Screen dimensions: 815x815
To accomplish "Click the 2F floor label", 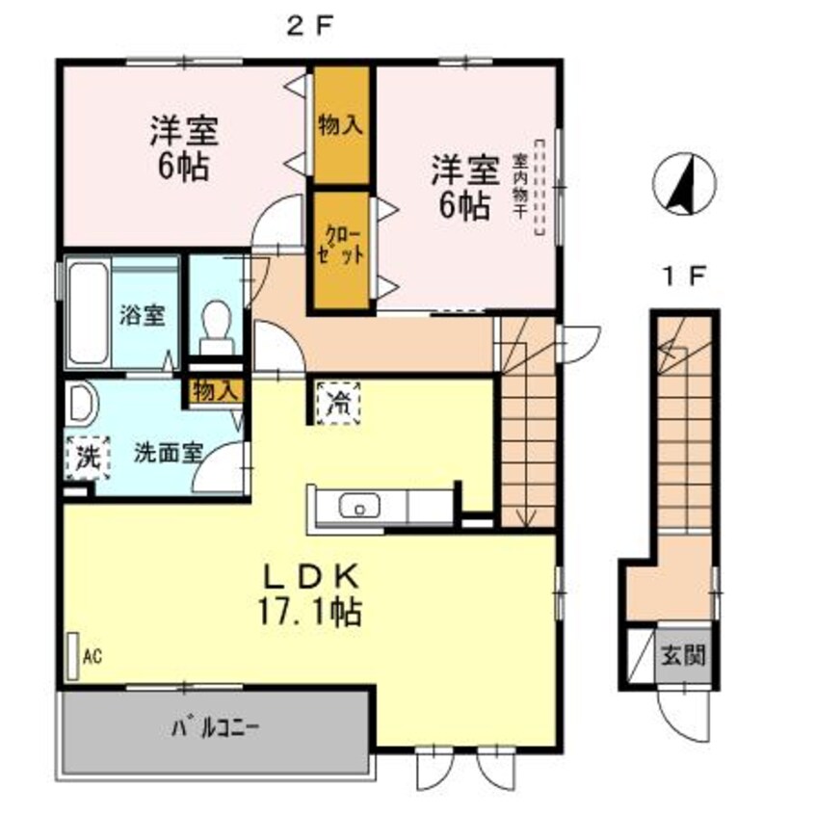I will (x=309, y=27).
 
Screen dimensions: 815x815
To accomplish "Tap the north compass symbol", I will (x=683, y=183).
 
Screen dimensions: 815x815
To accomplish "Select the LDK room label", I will (x=312, y=577).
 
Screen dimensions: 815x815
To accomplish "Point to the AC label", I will (x=92, y=657).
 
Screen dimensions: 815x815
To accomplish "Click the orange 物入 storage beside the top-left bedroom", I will (x=339, y=125).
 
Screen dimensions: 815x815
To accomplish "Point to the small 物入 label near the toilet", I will (x=213, y=391).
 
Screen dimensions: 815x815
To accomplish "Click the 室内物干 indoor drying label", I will (x=520, y=186).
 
